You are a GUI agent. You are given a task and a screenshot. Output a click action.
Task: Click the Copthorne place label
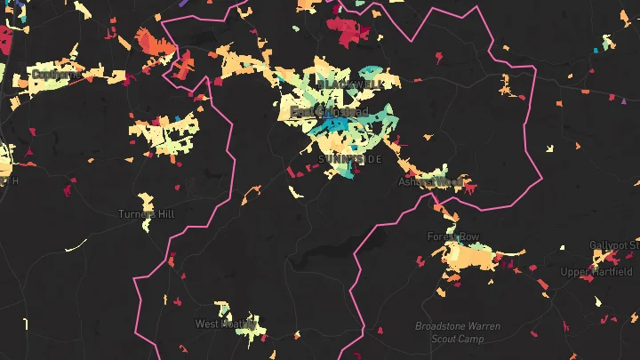[52, 76]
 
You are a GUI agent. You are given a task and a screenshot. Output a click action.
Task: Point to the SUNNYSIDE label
[349, 159]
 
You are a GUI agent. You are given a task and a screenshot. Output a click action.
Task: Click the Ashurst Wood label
[431, 181]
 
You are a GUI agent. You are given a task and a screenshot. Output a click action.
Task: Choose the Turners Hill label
[147, 214]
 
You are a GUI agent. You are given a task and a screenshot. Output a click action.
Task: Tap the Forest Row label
[452, 237]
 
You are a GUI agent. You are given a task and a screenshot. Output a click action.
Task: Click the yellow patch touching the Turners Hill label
[146, 202]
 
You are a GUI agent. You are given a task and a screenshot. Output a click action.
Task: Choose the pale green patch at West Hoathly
[246, 322]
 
